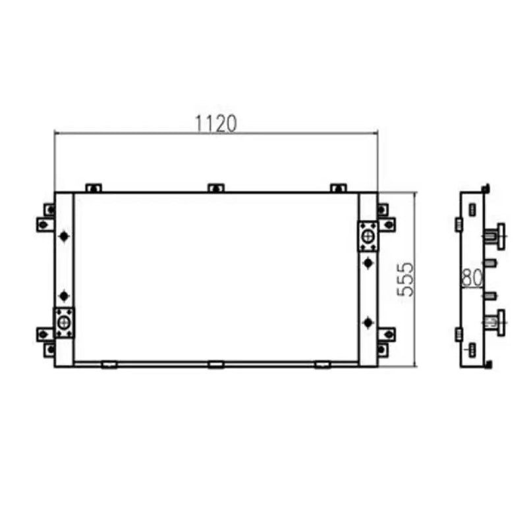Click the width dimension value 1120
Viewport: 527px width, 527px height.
point(216,123)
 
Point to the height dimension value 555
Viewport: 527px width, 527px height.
point(406,279)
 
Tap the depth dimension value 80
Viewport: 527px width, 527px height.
point(472,278)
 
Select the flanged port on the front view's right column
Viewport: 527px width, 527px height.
point(368,236)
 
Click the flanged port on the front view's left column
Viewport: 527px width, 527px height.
point(64,323)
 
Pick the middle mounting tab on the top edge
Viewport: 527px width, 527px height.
point(216,188)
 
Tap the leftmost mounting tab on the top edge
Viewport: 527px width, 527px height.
point(94,188)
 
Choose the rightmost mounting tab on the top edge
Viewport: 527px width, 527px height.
point(338,188)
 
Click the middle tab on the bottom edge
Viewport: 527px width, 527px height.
point(216,364)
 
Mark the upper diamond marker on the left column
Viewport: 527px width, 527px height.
point(64,236)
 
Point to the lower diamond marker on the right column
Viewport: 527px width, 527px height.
point(368,322)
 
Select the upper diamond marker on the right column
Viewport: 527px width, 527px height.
point(368,263)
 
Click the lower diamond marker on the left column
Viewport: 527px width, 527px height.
point(64,296)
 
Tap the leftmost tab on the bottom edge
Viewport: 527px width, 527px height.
point(109,364)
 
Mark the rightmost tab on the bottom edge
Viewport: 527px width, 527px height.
point(323,364)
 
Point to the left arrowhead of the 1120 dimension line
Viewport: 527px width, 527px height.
point(57,132)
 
